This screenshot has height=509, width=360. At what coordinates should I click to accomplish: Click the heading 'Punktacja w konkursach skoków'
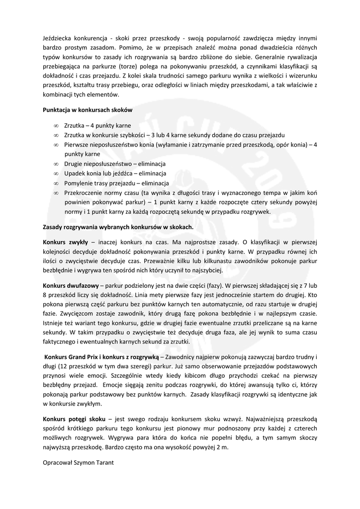point(87,109)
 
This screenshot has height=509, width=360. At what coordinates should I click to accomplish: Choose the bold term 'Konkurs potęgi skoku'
point(74,420)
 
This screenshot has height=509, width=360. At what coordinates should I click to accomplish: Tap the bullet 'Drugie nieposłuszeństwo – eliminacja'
point(115,164)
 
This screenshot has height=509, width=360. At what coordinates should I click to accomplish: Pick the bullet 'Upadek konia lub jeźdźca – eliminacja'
point(116,173)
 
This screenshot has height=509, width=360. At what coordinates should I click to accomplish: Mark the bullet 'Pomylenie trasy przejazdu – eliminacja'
point(116,182)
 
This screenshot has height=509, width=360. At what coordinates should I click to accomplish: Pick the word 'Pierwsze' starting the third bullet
point(77,145)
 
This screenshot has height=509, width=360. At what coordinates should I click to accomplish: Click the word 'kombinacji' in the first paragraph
point(60,94)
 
